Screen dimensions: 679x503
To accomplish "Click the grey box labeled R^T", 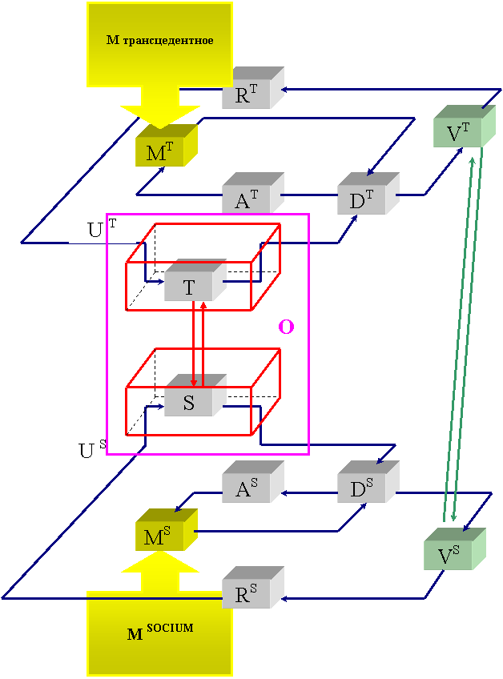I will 247,94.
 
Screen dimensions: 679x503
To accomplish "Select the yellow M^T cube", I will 161,151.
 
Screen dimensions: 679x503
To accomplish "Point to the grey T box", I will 190,287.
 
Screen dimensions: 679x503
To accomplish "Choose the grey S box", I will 190,402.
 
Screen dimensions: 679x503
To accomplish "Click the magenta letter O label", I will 285,327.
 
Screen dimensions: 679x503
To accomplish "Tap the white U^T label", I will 102,230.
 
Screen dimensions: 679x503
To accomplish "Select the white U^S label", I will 92,450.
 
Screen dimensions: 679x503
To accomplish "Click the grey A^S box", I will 247,488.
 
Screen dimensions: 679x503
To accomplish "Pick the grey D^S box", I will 363,488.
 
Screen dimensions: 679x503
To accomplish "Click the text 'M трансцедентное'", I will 159,40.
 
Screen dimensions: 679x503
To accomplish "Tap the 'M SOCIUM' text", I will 159,633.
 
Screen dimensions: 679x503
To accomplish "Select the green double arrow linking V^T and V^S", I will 463,336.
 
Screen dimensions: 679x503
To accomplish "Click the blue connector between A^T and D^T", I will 310,195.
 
